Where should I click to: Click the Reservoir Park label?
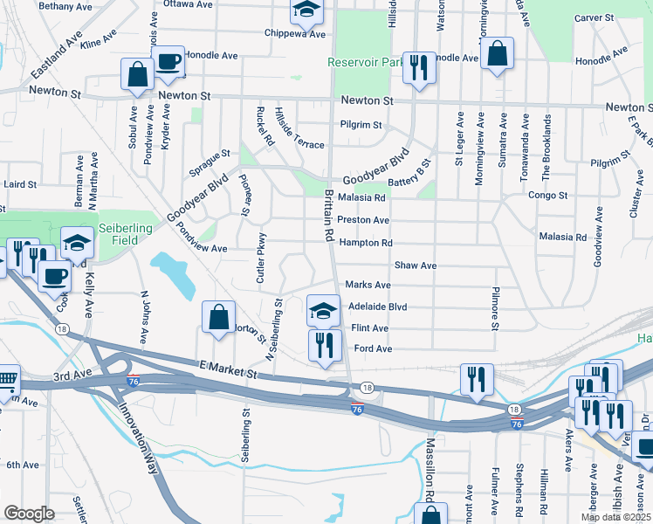pyautogui.click(x=366, y=63)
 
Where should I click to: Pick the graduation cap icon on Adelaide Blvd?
pyautogui.click(x=323, y=309)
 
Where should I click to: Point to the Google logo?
pyautogui.click(x=30, y=514)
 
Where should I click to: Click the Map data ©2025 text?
pyautogui.click(x=615, y=517)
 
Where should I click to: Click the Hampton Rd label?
pyautogui.click(x=365, y=243)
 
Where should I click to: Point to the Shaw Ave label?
pyautogui.click(x=415, y=265)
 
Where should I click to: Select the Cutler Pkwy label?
pyautogui.click(x=260, y=259)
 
